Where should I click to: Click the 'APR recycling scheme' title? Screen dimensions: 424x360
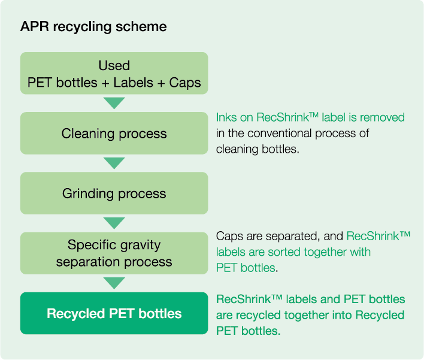93,27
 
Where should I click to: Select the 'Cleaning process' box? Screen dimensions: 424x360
114,134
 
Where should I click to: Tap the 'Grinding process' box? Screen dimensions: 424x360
114,193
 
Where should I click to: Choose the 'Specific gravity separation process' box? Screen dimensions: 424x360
114,253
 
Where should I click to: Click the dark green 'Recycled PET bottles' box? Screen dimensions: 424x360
114,313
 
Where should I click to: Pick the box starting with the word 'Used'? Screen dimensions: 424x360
114,73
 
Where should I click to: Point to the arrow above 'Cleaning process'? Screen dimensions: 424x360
114,103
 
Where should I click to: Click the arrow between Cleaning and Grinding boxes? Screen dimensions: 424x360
114,163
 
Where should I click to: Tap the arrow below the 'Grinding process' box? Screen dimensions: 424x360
114,223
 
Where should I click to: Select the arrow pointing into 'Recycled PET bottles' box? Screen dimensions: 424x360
114,283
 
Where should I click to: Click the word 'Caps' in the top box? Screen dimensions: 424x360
185,83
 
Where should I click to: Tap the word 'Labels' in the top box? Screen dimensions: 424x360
134,82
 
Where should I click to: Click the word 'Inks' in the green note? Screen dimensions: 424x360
225,117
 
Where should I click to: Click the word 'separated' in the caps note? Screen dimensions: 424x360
293,237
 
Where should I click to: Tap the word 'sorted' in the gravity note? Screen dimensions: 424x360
284,252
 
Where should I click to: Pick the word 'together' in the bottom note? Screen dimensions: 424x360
307,315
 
